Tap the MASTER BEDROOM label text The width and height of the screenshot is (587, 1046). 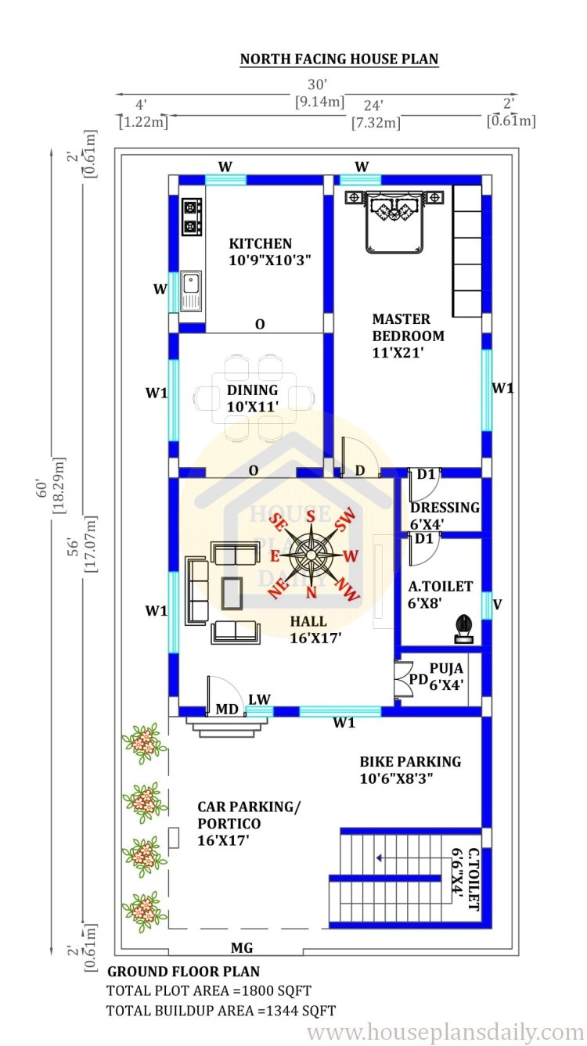[x=408, y=327]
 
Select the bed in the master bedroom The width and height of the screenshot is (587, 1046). [x=394, y=221]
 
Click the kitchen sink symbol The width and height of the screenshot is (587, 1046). [x=192, y=290]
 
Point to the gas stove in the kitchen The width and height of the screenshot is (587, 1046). [x=192, y=217]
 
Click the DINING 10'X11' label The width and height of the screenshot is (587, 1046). [x=253, y=398]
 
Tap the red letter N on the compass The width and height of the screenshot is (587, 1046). [x=312, y=592]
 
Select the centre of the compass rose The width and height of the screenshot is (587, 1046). [x=310, y=554]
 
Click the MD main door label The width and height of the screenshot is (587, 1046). [x=227, y=710]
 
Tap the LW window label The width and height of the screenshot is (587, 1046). [x=259, y=699]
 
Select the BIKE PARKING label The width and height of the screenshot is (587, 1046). [x=410, y=762]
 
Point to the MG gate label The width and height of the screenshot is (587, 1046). [x=242, y=947]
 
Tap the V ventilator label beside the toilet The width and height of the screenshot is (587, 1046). [x=497, y=604]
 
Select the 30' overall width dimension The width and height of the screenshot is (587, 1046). [x=318, y=84]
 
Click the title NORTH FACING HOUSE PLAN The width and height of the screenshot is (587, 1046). [x=339, y=59]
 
